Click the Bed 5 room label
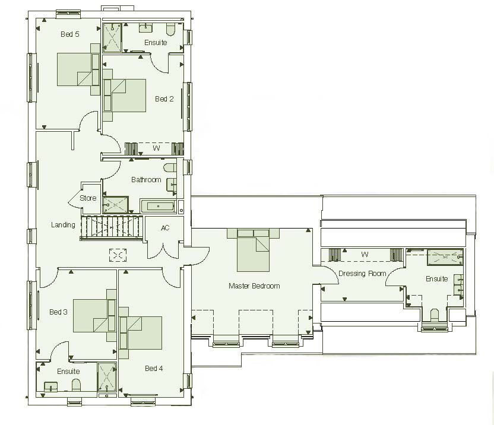(70, 34)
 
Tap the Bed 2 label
(164, 99)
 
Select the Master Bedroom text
(254, 286)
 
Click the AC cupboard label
(165, 229)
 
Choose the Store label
(88, 198)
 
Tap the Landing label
(63, 225)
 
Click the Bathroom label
(146, 180)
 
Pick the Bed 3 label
(58, 312)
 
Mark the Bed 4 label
(154, 369)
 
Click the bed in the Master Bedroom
(254, 250)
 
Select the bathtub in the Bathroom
(159, 207)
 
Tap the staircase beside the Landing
(112, 227)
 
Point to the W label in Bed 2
(157, 148)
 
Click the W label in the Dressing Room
(365, 255)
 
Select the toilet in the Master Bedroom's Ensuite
(434, 315)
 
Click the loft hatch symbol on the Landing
(118, 255)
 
